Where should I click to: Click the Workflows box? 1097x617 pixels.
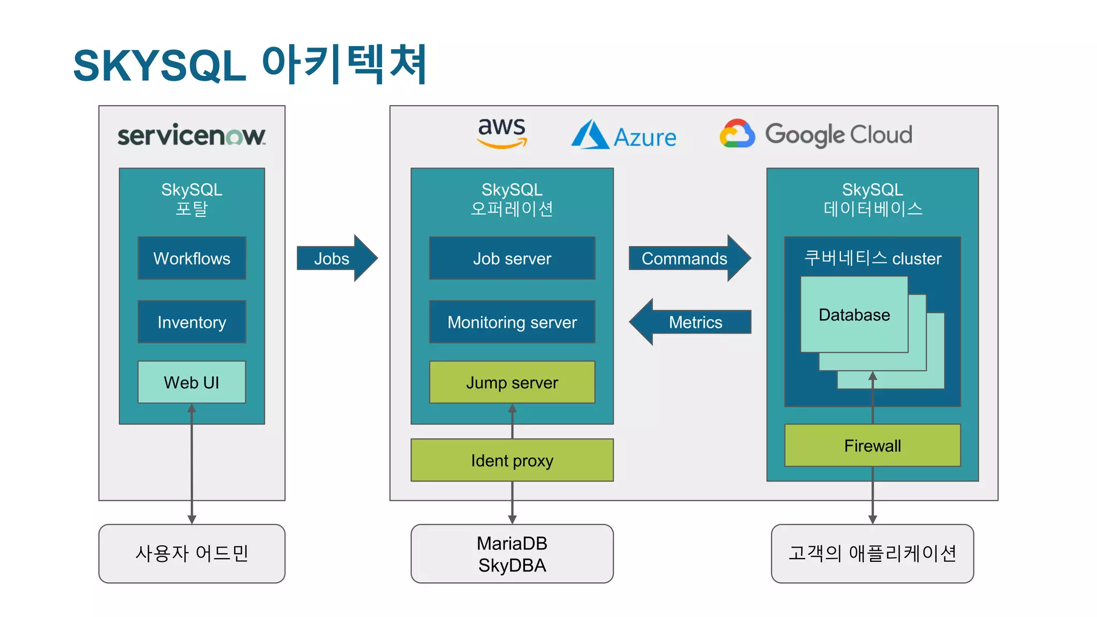pyautogui.click(x=192, y=258)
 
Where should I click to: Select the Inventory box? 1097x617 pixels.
pyautogui.click(x=192, y=322)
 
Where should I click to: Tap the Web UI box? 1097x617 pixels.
pyautogui.click(x=192, y=382)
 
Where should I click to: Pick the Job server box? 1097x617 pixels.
pyautogui.click(x=512, y=258)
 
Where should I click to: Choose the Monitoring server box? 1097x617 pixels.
pyautogui.click(x=512, y=322)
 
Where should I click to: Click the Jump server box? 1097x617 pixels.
pyautogui.click(x=512, y=382)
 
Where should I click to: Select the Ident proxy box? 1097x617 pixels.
pyautogui.click(x=512, y=460)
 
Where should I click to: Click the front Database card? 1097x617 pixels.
pyautogui.click(x=854, y=314)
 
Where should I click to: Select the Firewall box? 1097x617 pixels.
pyautogui.click(x=872, y=445)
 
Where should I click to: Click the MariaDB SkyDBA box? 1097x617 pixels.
pyautogui.click(x=512, y=554)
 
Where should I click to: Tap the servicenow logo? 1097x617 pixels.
pyautogui.click(x=191, y=135)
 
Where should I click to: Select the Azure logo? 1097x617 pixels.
pyautogui.click(x=623, y=135)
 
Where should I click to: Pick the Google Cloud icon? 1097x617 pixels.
pyautogui.click(x=737, y=134)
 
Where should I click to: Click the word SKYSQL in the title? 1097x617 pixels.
pyautogui.click(x=160, y=66)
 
